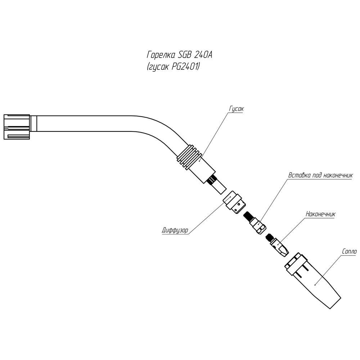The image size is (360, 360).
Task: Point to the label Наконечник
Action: (x=320, y=213)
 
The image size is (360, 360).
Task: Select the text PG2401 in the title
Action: (x=187, y=67)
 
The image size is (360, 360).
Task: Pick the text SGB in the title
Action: (x=185, y=55)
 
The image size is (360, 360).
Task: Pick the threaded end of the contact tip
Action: (x=269, y=238)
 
